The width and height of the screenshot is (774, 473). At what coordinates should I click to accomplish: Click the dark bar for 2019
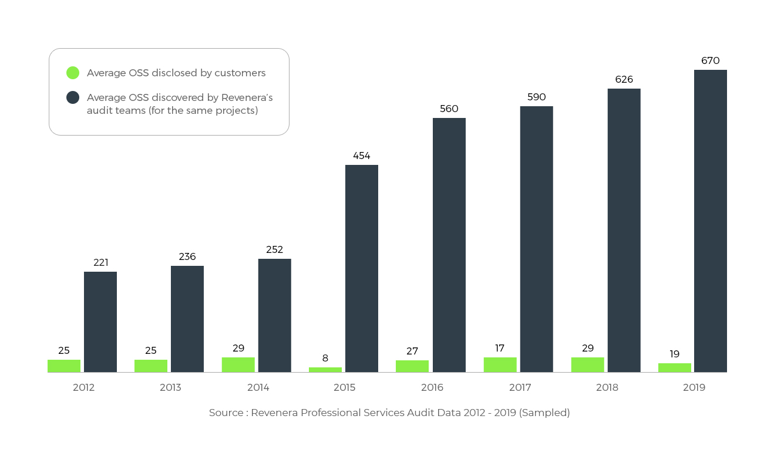pos(710,221)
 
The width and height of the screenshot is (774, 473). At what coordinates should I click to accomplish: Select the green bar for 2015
pos(325,370)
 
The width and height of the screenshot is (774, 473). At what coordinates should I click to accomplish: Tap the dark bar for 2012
pos(100,322)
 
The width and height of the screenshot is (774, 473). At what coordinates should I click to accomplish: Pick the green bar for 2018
pos(587,364)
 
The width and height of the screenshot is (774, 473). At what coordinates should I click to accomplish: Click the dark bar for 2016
pos(449,245)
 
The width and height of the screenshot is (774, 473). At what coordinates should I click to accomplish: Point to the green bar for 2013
pos(151,366)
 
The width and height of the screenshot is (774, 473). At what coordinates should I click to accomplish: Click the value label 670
pos(710,60)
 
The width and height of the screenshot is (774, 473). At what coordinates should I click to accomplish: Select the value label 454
pos(362,156)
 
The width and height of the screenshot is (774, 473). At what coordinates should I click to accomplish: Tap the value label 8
pos(325,358)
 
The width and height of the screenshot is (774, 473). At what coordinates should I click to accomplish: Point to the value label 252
pos(274,249)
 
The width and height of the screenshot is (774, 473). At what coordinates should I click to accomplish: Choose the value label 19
pos(675,354)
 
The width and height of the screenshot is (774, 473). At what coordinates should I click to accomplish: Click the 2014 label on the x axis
pos(258,387)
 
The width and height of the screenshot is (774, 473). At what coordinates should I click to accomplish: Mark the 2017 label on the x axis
pos(520,387)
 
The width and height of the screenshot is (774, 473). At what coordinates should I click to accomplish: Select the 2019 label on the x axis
pos(694,387)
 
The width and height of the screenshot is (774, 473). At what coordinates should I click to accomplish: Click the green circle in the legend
pos(73,73)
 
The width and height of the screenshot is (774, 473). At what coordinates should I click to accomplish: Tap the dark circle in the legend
pos(73,97)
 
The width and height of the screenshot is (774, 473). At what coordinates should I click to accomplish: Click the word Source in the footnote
pos(226,413)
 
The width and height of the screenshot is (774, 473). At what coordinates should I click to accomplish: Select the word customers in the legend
pos(240,73)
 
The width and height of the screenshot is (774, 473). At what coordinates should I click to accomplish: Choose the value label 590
pos(537,97)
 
